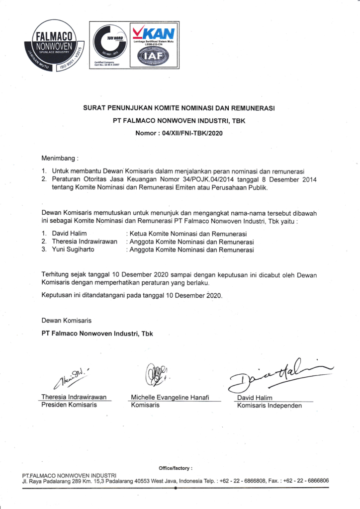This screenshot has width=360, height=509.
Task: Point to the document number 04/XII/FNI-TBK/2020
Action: click(x=190, y=133)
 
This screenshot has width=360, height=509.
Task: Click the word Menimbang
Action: click(x=59, y=159)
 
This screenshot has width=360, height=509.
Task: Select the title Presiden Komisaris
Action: click(x=69, y=405)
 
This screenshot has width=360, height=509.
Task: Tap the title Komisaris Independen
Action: click(x=269, y=406)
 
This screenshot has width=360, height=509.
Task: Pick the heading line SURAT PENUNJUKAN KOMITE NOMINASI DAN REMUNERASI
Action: click(x=180, y=108)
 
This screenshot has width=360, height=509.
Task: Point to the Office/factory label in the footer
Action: click(x=175, y=468)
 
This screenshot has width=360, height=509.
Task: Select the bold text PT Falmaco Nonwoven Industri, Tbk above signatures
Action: click(x=97, y=334)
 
